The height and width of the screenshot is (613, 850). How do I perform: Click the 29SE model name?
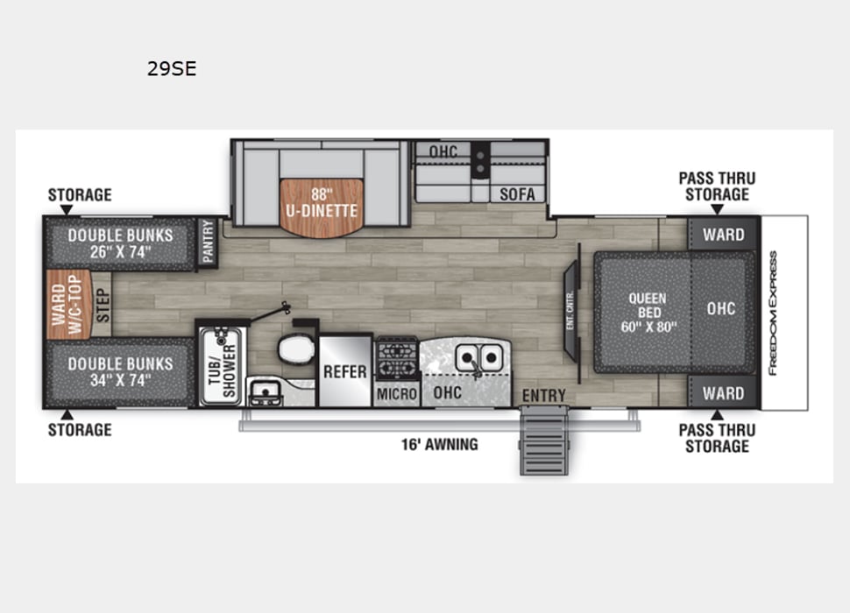point(172,69)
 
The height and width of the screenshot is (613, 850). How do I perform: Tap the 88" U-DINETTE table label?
point(322,203)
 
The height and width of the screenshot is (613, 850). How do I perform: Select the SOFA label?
point(517,194)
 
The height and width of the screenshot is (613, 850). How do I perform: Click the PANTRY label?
point(208,241)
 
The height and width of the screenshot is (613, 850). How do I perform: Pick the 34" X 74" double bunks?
point(120,371)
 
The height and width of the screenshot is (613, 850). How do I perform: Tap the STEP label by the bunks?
point(102,306)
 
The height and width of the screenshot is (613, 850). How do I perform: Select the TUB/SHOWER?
point(220,368)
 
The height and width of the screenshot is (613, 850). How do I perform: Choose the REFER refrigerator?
point(345,371)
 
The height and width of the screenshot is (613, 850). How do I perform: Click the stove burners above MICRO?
point(397,358)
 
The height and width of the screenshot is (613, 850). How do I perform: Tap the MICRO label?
point(397,394)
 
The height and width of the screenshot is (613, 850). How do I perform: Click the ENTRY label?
point(544,396)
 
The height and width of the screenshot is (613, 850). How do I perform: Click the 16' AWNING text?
point(440,444)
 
